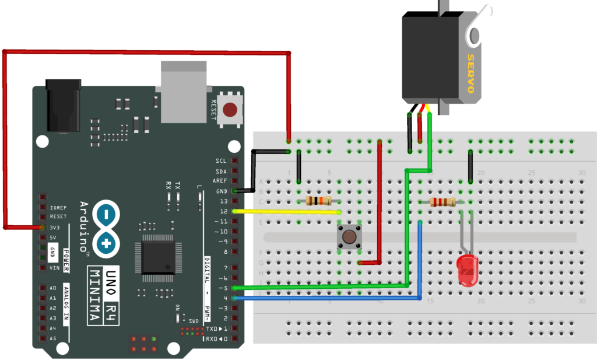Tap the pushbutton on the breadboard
tap(348, 237)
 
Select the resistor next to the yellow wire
tap(318, 201)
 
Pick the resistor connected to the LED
tap(442, 202)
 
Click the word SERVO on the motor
tap(469, 74)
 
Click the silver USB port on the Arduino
tap(184, 92)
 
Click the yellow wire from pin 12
tap(286, 212)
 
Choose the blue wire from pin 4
tap(326, 298)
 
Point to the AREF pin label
tap(220, 181)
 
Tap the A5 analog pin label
tap(52, 338)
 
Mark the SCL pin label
tap(221, 160)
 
